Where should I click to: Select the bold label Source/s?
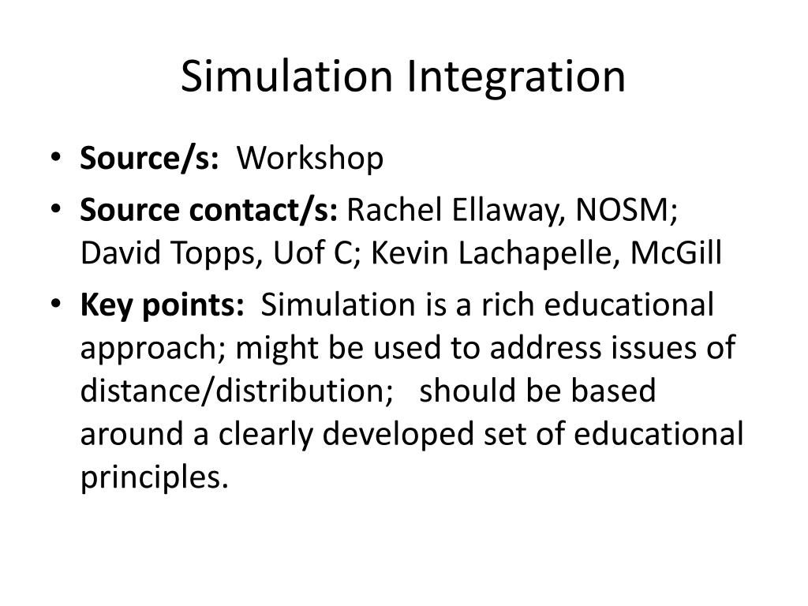click(x=149, y=159)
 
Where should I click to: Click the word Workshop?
click(x=310, y=159)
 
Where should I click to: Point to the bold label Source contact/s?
click(x=209, y=212)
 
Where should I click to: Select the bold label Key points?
click(x=162, y=305)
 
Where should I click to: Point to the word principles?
click(x=154, y=477)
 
